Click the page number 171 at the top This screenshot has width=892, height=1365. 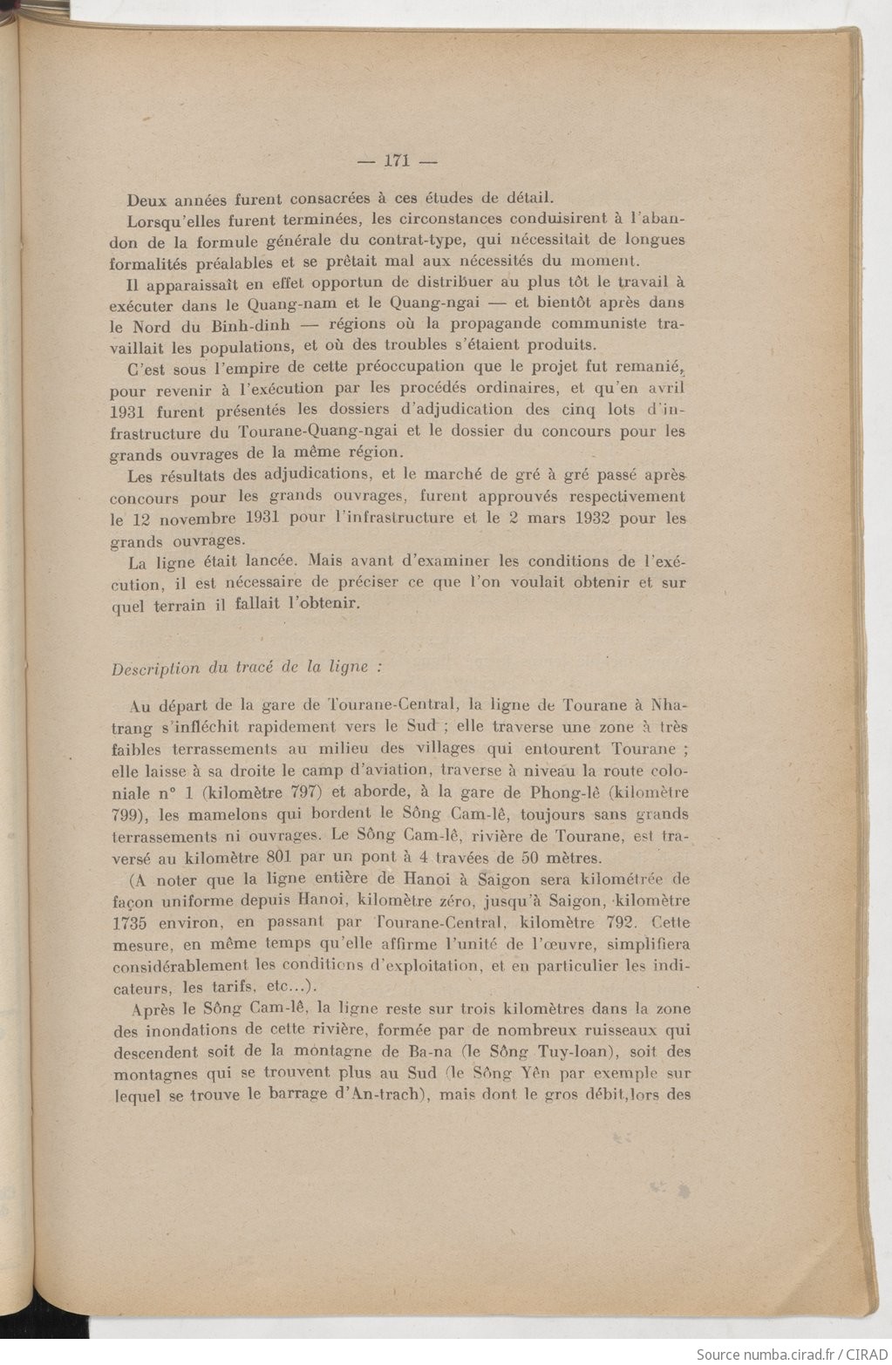(397, 160)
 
